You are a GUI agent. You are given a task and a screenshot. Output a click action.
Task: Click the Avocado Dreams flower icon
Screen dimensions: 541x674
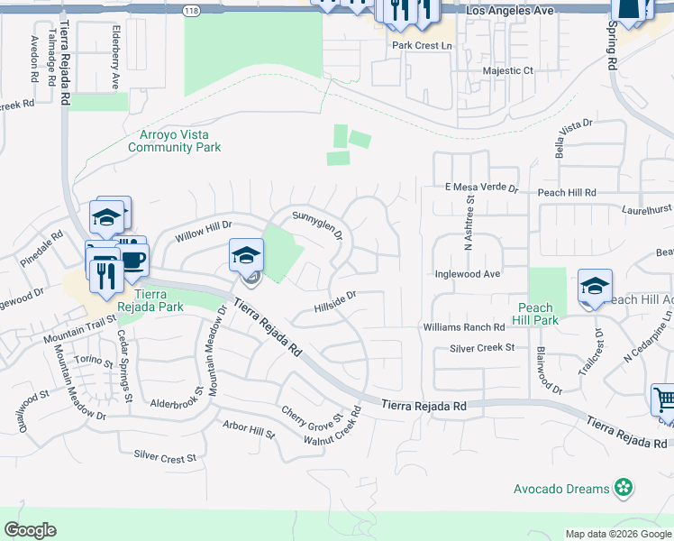point(623,489)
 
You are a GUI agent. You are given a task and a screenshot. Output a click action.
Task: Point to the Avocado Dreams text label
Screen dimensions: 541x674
point(561,489)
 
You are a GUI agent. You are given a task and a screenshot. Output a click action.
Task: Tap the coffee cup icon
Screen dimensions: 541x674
point(133,260)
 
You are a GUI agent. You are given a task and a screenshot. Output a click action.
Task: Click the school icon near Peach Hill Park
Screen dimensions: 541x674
point(595,286)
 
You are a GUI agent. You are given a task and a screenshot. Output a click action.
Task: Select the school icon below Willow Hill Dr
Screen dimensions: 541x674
point(246,255)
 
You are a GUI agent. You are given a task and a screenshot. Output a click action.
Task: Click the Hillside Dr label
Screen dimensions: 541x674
point(336,301)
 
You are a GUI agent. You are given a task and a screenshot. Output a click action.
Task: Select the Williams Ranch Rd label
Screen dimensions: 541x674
point(464,327)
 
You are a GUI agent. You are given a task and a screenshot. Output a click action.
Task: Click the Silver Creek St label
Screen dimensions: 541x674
point(482,347)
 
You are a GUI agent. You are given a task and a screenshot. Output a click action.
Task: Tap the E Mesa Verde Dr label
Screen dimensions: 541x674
point(482,188)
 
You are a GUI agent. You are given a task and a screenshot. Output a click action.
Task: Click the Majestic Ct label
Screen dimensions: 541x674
point(508,70)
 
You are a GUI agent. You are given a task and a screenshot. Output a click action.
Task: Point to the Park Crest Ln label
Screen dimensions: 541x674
point(421,45)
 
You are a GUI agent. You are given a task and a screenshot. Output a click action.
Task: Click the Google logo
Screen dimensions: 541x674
point(30,530)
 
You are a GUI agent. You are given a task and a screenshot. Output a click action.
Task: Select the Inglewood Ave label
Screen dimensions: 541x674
point(467,273)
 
